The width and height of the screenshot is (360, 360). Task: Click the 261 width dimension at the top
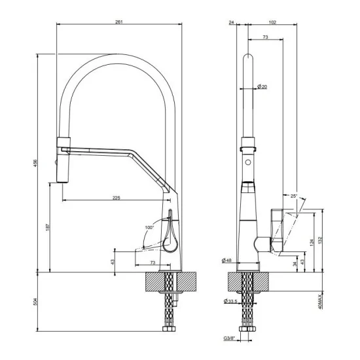point(119,22)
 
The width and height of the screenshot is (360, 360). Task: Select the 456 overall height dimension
point(37,162)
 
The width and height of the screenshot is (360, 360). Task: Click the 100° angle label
point(149,227)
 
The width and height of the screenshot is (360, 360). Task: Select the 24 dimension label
point(232,22)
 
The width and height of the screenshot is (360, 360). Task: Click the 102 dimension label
point(272,22)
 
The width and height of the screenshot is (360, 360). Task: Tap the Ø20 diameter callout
point(262,86)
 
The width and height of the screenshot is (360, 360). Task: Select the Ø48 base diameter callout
point(227,261)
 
